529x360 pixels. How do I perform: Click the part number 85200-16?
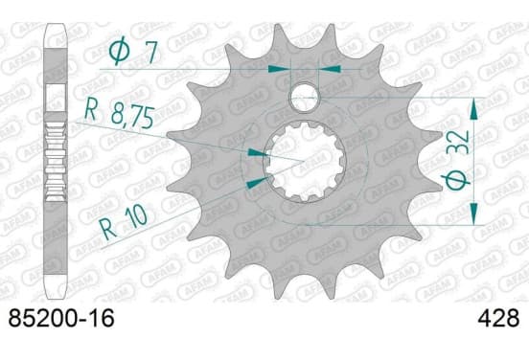(x=61, y=319)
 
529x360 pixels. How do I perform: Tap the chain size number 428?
(x=498, y=319)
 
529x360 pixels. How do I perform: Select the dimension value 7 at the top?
(x=150, y=54)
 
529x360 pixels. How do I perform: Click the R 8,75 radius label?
(x=120, y=113)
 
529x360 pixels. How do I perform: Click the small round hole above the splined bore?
(x=305, y=98)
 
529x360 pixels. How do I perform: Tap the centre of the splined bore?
(x=304, y=162)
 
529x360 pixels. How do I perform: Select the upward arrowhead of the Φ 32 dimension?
(x=474, y=108)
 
